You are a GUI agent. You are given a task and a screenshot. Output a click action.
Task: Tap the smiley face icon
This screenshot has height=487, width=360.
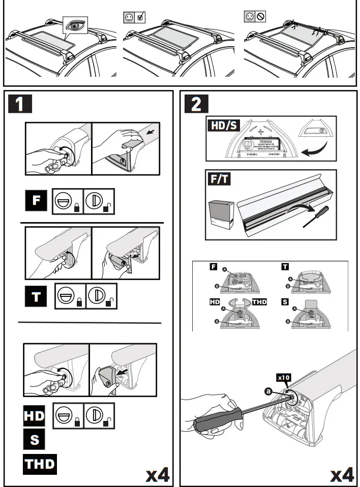129,18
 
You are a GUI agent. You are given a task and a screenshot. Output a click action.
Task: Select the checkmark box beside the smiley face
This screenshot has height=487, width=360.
141,18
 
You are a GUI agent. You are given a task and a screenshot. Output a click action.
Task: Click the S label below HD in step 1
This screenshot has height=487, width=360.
34,438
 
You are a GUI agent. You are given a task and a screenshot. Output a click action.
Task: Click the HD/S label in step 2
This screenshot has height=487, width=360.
223,125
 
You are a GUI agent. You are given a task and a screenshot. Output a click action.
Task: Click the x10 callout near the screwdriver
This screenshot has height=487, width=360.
283,377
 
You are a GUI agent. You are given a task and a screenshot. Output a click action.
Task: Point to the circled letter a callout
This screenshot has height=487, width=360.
268,391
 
